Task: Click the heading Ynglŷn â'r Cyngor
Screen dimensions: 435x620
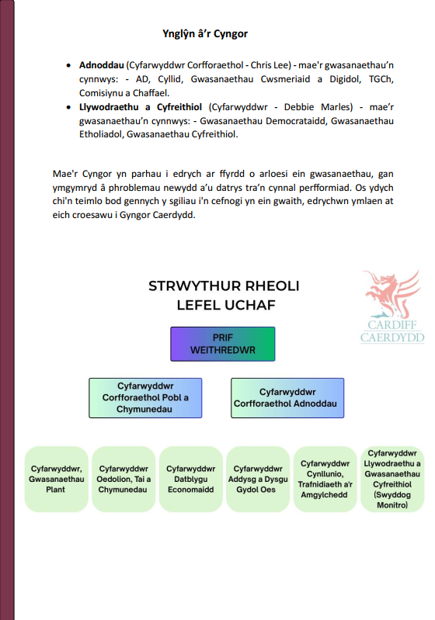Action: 205,34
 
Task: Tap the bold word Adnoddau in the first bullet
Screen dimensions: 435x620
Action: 101,65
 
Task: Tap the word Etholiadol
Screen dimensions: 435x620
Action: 101,134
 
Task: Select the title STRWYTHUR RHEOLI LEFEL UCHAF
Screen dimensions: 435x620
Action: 224,296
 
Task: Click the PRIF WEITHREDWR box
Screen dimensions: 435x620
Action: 223,344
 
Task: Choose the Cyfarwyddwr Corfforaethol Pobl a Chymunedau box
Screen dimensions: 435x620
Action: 145,398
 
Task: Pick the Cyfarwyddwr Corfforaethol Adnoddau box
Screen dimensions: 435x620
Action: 287,398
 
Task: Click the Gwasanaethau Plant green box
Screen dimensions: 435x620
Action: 56,480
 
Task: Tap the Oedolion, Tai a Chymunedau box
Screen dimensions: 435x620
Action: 124,480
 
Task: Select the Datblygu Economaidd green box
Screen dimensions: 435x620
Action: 191,480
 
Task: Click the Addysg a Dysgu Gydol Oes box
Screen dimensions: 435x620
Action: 258,480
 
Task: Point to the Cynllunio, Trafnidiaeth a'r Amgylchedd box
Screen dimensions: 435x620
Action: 325,480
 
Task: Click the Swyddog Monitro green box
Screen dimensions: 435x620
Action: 392,480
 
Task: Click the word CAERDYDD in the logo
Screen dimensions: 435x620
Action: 392,338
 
